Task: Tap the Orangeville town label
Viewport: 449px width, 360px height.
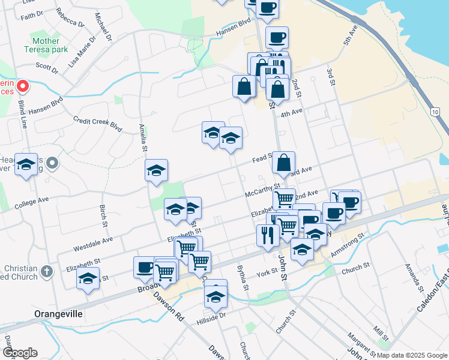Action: [58, 314]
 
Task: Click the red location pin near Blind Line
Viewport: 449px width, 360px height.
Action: [23, 87]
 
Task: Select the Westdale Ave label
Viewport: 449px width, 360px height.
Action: [93, 243]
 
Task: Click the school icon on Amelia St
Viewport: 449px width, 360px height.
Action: [156, 170]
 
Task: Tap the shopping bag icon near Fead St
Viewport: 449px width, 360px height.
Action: [283, 162]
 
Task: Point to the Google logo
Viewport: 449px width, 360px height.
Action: [19, 353]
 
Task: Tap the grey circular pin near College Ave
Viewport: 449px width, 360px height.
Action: [53, 163]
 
